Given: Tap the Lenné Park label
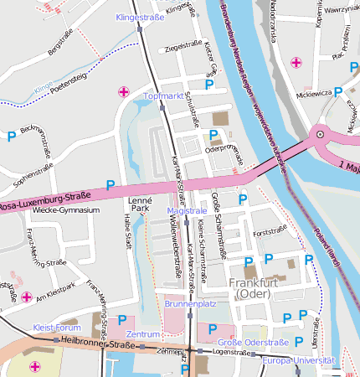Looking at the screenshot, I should tap(139, 205).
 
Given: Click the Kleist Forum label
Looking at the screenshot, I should tap(57, 328).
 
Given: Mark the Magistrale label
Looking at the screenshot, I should tap(186, 209).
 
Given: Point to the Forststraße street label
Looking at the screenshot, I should tap(270, 231).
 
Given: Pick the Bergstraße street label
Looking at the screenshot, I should tap(61, 44).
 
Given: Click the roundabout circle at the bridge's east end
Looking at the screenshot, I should tap(318, 134).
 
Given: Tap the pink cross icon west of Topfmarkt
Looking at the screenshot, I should tap(124, 90).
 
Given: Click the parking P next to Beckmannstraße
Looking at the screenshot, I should tap(11, 136).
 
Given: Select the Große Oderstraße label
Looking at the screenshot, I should tap(253, 342).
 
